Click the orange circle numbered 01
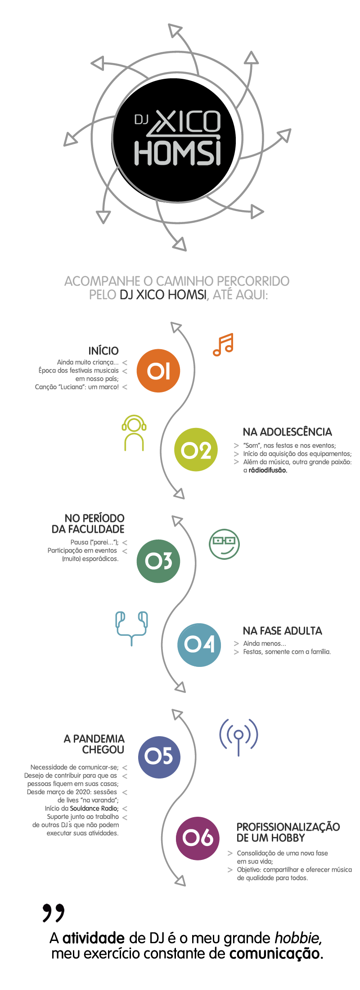tap(158, 371)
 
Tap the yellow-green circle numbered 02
tap(196, 450)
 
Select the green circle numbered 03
tap(158, 561)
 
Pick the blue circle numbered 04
tap(199, 645)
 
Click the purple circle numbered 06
tap(198, 838)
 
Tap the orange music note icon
tap(223, 345)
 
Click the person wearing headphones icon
tap(134, 432)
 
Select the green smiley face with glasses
tap(224, 544)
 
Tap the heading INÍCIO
tap(103, 351)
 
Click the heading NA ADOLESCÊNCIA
tap(287, 432)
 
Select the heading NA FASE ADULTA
tap(282, 630)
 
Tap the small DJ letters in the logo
tap(141, 119)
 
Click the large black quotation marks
tap(54, 912)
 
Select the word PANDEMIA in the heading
tap(99, 738)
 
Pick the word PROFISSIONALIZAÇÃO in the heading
tap(288, 827)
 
